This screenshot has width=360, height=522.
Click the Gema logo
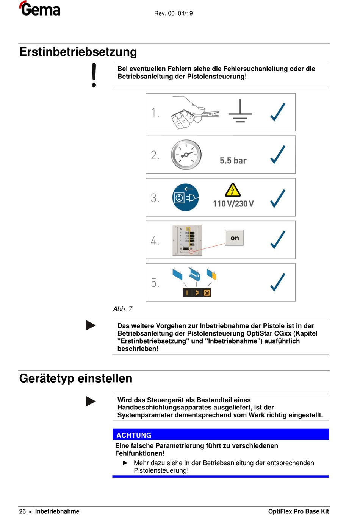point(40,9)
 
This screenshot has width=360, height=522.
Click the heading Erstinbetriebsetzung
point(78,52)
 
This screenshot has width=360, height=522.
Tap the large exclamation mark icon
point(94,75)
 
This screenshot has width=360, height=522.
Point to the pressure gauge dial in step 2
point(186,155)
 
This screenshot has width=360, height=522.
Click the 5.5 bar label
point(233,161)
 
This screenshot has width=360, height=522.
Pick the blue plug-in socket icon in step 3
point(186,197)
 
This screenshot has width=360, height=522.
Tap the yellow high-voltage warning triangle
point(233,190)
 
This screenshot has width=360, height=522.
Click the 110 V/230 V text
point(233,204)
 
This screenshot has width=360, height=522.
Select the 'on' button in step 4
point(235,238)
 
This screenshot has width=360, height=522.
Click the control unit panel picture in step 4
point(187,240)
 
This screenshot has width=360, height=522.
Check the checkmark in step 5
point(278,282)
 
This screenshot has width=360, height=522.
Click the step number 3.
point(155,198)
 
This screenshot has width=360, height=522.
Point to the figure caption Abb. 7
point(122,309)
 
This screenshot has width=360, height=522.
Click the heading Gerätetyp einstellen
point(76,378)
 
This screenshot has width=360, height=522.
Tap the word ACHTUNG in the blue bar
point(134,435)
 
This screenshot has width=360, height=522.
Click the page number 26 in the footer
point(23,511)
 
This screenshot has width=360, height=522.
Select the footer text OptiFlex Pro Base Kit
point(298,511)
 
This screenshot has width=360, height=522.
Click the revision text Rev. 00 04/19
point(173,13)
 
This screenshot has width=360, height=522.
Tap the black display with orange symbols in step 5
point(197,292)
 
